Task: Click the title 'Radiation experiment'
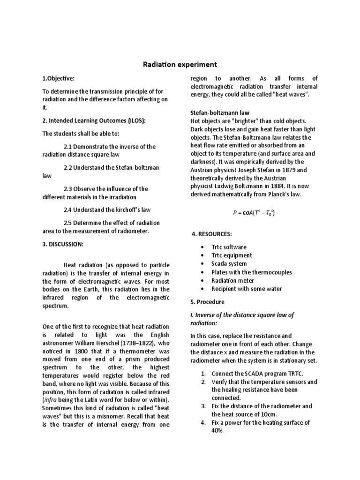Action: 180,64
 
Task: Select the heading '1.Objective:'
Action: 59,78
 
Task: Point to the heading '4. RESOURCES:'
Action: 212,233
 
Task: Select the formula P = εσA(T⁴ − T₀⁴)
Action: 254,213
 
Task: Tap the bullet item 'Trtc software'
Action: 229,247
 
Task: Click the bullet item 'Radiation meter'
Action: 233,281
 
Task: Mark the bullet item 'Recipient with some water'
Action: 247,289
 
